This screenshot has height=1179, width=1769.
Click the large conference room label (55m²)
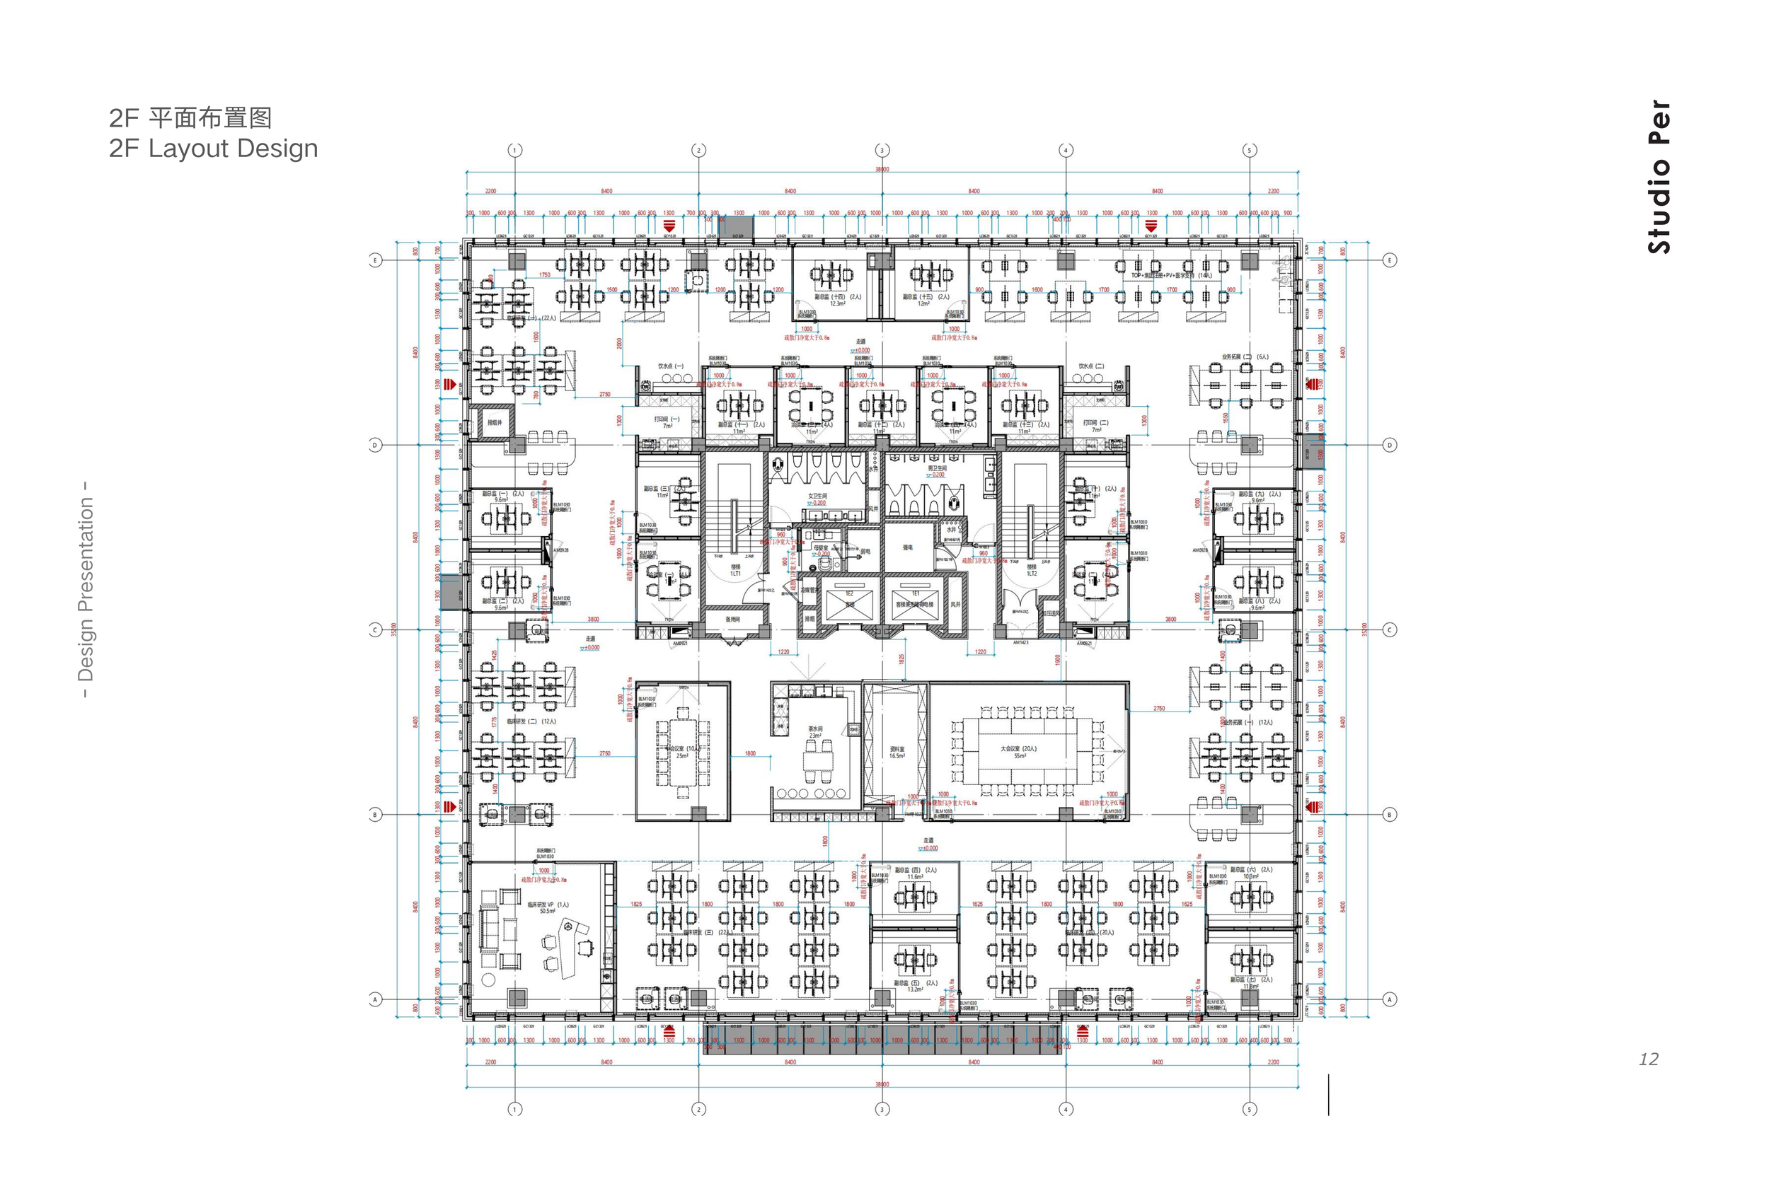click(x=1019, y=752)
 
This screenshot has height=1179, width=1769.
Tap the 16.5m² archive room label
click(x=897, y=752)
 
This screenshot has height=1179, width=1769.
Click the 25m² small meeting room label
click(x=683, y=752)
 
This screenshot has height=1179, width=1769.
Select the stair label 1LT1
click(x=734, y=571)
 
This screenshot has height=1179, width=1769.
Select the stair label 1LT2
click(x=1031, y=571)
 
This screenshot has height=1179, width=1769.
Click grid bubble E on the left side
click(x=375, y=260)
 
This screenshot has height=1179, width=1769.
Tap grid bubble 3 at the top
click(x=882, y=151)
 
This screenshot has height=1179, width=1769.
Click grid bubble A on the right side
click(x=1389, y=999)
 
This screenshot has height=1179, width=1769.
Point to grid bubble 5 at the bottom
click(x=1250, y=1109)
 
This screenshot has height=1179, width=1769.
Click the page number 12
click(x=1648, y=1059)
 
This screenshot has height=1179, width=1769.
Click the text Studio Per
click(x=1659, y=177)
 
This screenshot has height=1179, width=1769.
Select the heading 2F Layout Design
click(x=214, y=148)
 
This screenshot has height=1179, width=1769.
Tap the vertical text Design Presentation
click(x=86, y=590)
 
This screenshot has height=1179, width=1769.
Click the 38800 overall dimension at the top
click(x=882, y=169)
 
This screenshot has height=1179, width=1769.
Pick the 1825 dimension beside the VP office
click(x=636, y=904)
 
